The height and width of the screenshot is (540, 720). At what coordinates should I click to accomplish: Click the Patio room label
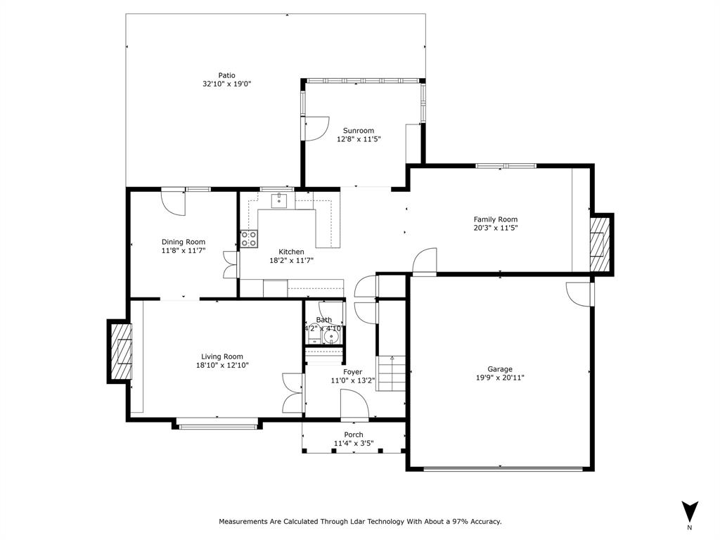pyautogui.click(x=226, y=75)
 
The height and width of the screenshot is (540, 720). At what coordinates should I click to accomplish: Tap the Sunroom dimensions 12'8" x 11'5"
pyautogui.click(x=359, y=139)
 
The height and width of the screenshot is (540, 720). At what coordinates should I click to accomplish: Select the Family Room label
pyautogui.click(x=495, y=219)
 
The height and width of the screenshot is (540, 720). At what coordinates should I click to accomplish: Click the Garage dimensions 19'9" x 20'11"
pyautogui.click(x=500, y=378)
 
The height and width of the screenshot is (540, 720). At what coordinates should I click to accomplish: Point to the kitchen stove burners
pyautogui.click(x=248, y=238)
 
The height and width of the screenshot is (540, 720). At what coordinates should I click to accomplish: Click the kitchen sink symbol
pyautogui.click(x=280, y=200)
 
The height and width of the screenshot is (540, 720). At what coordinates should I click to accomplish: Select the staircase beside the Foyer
pyautogui.click(x=392, y=373)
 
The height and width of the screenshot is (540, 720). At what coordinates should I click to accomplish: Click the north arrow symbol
pyautogui.click(x=690, y=511)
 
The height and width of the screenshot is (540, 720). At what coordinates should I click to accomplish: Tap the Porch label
pyautogui.click(x=354, y=435)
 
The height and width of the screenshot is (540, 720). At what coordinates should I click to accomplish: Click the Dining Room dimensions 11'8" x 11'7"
pyautogui.click(x=184, y=250)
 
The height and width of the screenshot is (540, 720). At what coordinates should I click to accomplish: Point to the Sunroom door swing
pyautogui.click(x=316, y=127)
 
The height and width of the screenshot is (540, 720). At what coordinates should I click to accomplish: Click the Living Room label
pyautogui.click(x=222, y=356)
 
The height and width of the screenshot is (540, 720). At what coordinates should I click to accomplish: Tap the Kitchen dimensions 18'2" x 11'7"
pyautogui.click(x=291, y=260)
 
